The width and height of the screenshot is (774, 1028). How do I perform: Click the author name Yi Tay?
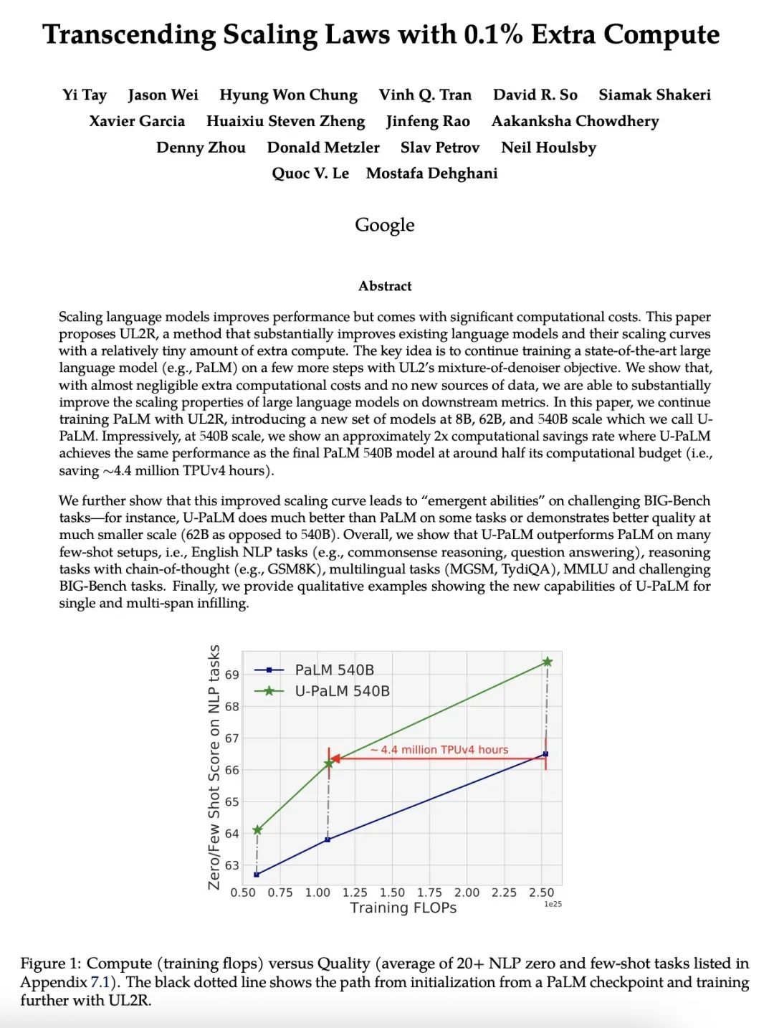point(84,95)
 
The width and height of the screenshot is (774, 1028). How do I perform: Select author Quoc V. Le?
point(310,173)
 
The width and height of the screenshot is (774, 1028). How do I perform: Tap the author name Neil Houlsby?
point(548,148)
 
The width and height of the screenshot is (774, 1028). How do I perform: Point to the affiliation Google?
point(385,225)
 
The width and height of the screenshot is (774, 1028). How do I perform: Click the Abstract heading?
point(385,286)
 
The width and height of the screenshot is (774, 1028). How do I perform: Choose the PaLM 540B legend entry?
point(334,670)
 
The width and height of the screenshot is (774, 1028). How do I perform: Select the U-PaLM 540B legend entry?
point(342,691)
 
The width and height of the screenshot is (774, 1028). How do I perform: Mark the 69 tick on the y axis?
point(232,675)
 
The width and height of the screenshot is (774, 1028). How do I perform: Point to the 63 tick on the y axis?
point(232,865)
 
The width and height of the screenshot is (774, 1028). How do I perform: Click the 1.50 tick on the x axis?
point(392,893)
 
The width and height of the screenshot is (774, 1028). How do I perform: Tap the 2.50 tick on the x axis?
point(541,893)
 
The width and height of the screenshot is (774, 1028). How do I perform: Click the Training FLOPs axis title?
point(403,908)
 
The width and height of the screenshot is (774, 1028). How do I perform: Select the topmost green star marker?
point(547,662)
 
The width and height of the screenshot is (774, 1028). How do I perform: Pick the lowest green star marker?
point(257,830)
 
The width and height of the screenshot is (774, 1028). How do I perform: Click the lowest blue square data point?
point(257,875)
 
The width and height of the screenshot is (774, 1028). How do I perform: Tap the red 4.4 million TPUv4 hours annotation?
point(439,750)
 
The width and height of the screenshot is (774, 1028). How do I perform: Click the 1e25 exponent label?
point(553,905)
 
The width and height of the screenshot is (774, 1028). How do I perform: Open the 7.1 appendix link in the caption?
point(99,982)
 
